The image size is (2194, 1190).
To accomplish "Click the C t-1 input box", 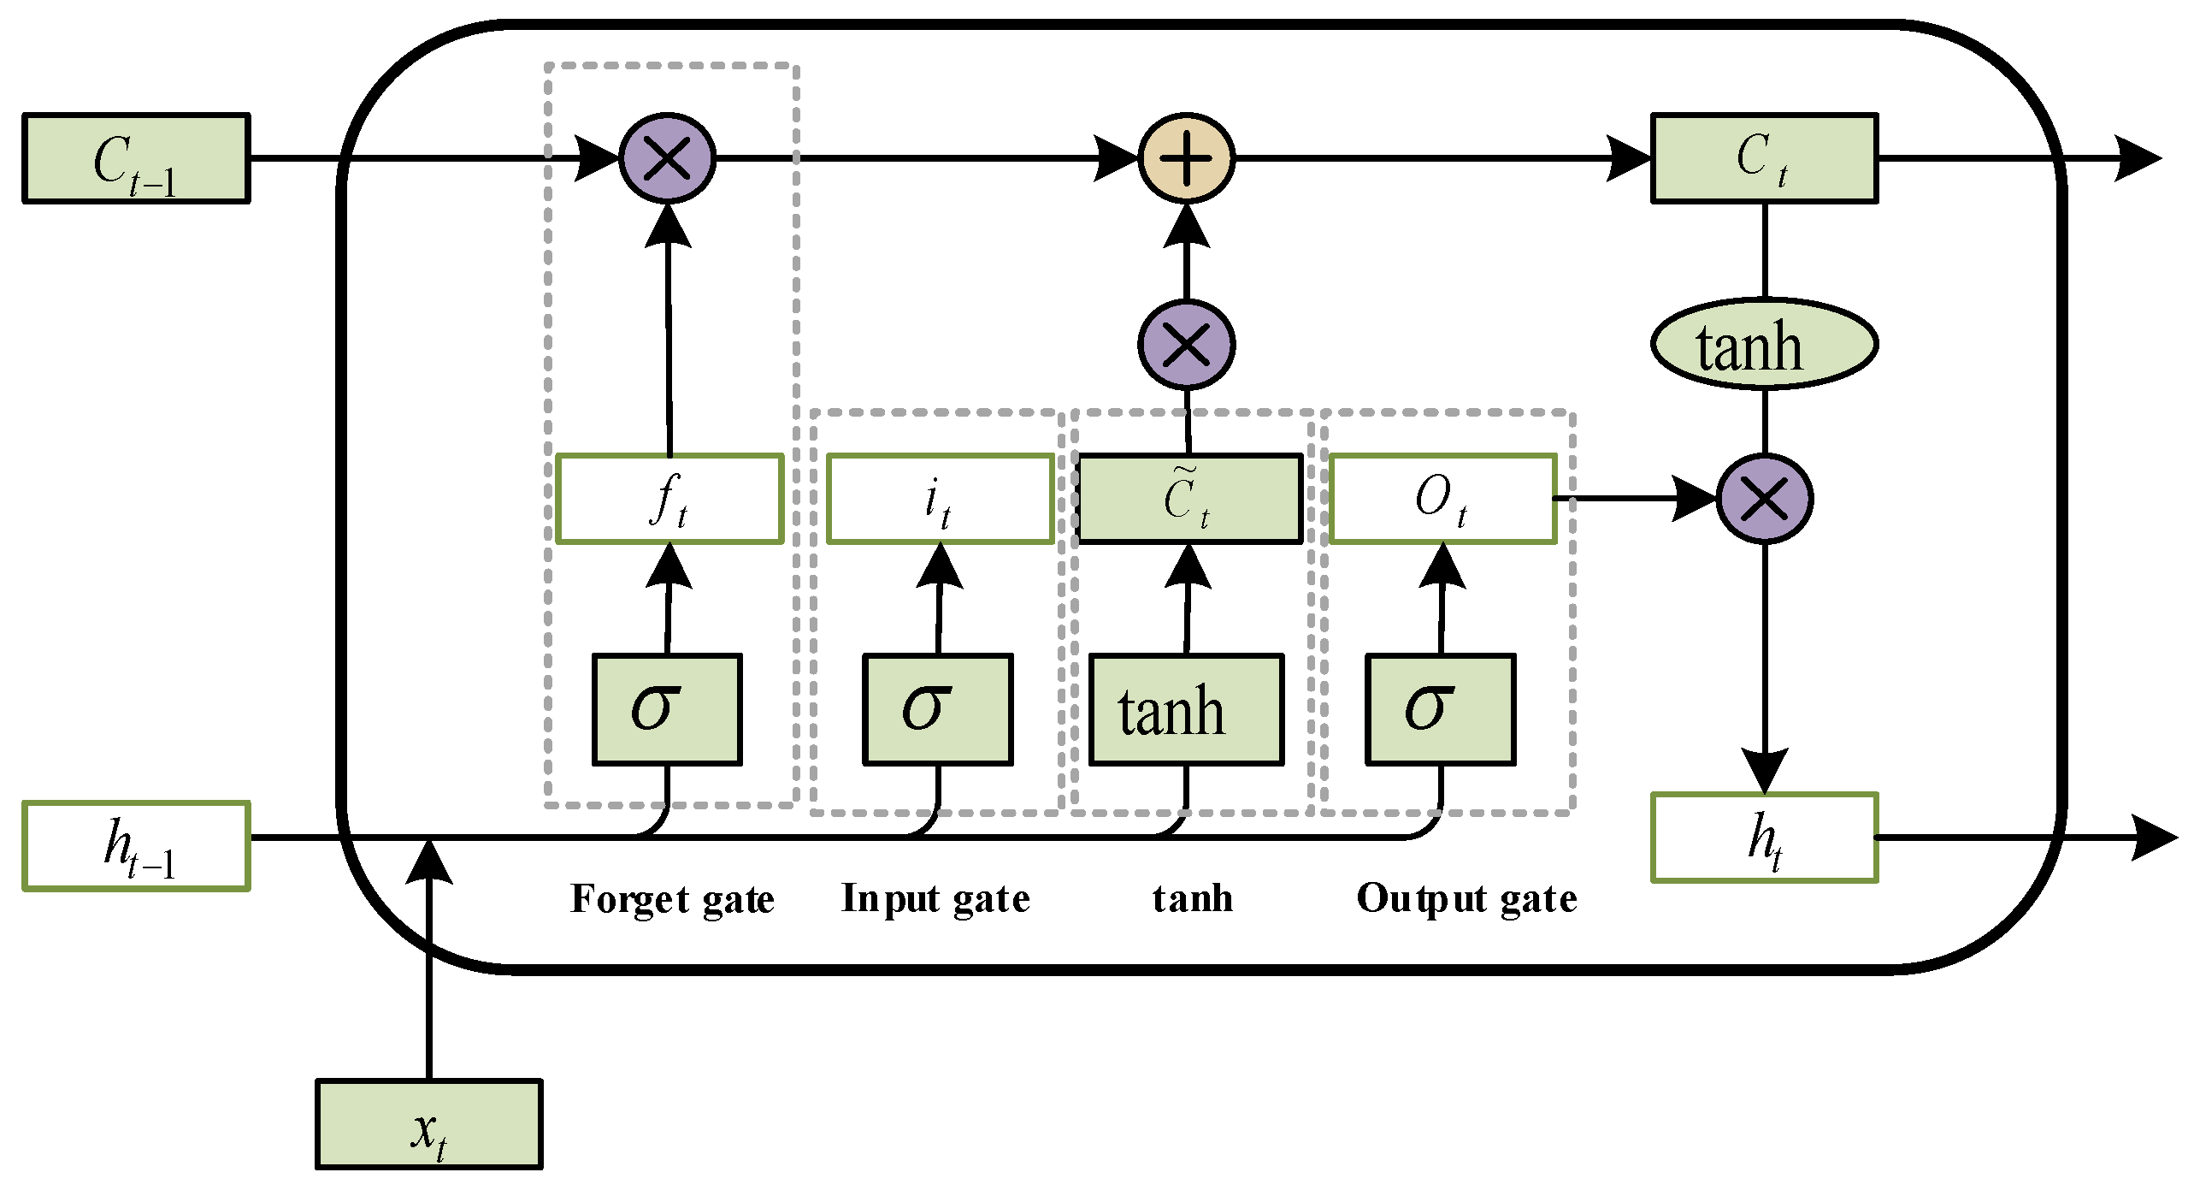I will coord(136,158).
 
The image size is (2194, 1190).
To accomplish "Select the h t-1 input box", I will coord(136,846).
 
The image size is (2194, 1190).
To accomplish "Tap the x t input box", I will coord(428,1123).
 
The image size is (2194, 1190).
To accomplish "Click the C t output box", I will coord(1764,158).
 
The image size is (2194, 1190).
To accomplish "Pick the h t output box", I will coord(1764,838).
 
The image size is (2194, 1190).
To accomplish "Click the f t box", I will coord(669,499).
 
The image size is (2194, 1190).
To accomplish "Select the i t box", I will coord(940,499).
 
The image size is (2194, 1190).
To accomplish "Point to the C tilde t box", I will coord(1189,499).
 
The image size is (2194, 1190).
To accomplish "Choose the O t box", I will coord(1442,499).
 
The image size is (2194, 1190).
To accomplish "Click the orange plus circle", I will coord(1186,158).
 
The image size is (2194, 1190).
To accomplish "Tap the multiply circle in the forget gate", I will coord(667,158).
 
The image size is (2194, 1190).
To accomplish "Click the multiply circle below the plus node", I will coord(1186,344).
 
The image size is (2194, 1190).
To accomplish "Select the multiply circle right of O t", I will coord(1765,499).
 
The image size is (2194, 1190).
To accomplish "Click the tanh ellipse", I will coord(1764,344).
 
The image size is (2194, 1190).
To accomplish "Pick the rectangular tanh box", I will coord(1186,709).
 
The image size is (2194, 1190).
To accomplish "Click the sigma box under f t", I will coord(667,709).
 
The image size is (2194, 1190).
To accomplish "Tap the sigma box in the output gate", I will coord(1441,709).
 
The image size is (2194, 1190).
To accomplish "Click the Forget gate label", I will coord(672,899).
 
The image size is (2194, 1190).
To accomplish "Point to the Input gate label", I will coord(935,899).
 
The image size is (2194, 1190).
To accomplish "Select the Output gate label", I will coord(1466,899).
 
